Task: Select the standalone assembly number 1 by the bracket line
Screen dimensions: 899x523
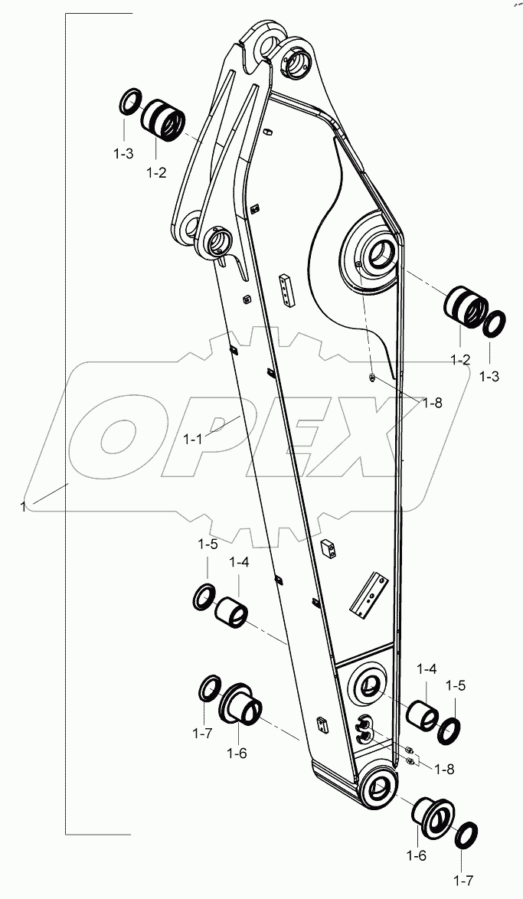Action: [x=25, y=505]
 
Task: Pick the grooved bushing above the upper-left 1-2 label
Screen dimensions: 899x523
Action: [x=163, y=119]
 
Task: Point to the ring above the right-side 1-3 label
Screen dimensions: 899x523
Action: [x=493, y=323]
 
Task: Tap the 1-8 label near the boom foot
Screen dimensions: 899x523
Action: [x=436, y=767]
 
